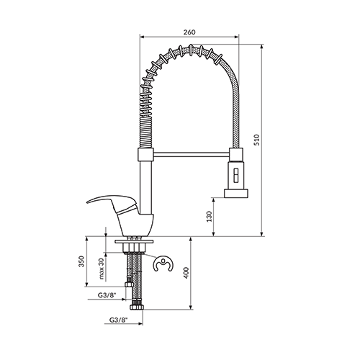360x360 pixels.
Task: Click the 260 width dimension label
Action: (189, 32)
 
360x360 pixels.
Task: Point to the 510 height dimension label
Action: (256, 140)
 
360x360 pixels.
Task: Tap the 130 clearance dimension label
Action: (210, 217)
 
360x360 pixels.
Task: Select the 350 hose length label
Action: (82, 261)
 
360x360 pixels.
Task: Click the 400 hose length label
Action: (186, 273)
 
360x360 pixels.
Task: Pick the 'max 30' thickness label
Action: (101, 269)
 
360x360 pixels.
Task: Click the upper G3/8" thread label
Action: (107, 295)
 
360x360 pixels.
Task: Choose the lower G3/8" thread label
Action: (118, 320)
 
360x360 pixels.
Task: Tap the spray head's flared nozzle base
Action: (236, 193)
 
